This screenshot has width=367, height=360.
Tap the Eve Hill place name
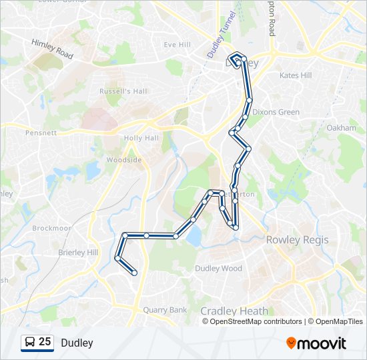tap(177, 45)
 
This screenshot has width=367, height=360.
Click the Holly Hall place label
tap(141, 138)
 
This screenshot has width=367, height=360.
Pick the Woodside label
tap(124, 160)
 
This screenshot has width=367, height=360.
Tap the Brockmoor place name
tap(51, 228)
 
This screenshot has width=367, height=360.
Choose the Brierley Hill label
tap(78, 253)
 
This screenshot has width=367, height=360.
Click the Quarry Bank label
tap(166, 309)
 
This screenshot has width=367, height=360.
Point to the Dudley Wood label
tap(218, 269)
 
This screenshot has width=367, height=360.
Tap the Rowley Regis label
tap(294, 239)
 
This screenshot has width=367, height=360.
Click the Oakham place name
tap(342, 127)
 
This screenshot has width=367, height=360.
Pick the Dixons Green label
tap(276, 112)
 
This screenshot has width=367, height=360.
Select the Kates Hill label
tap(296, 75)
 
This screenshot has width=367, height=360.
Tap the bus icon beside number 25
tap(29, 343)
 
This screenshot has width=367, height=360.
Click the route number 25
tap(45, 342)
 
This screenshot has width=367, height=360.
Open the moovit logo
tap(316, 343)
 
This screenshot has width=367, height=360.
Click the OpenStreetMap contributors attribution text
tap(256, 321)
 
